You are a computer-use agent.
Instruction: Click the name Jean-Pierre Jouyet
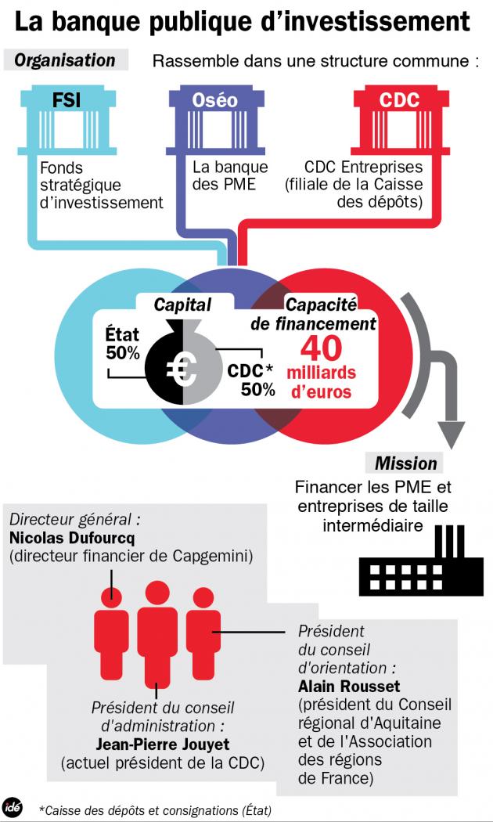click(162, 743)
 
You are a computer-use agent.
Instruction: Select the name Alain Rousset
click(338, 686)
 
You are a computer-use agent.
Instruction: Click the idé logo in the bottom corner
click(13, 806)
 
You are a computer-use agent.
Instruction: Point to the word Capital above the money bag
click(182, 305)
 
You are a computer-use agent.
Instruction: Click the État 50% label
click(123, 344)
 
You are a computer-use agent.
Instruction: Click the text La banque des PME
click(230, 176)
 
